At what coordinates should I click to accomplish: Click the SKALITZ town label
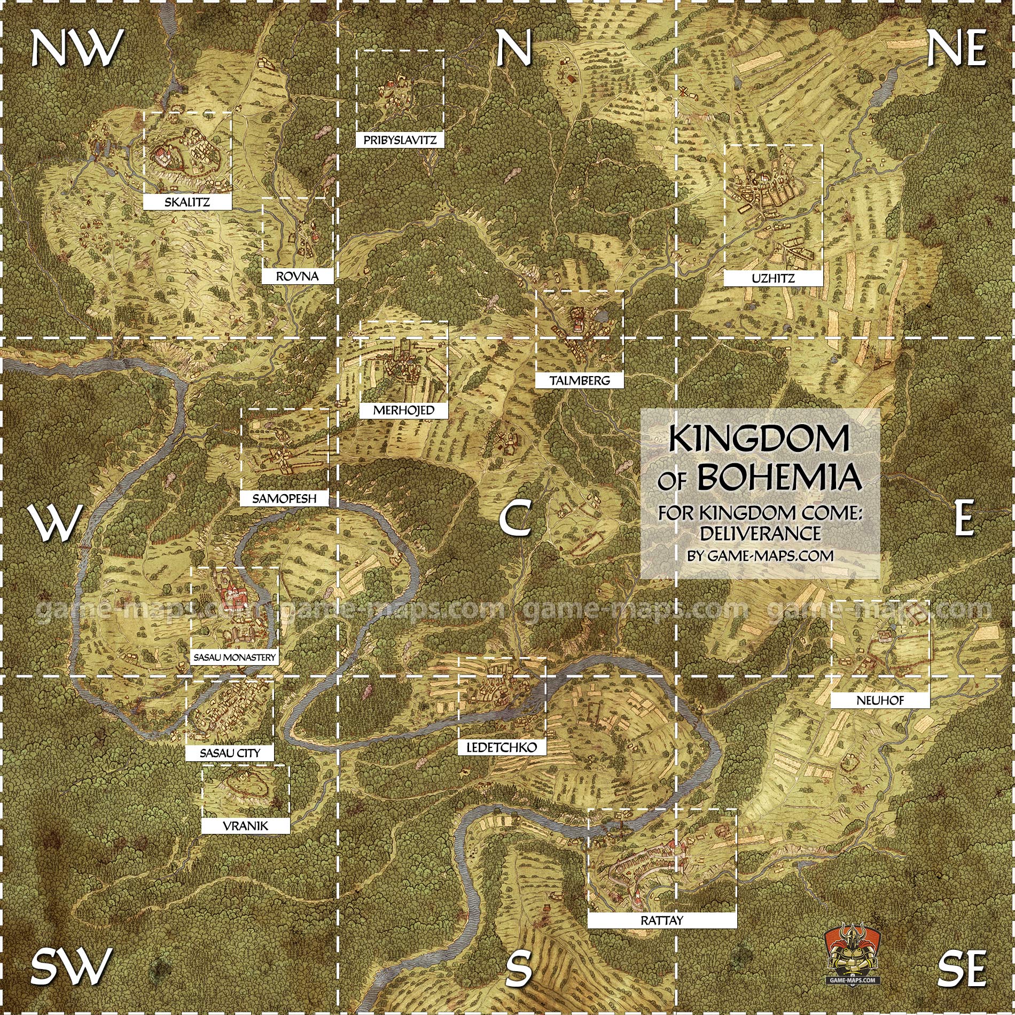[x=187, y=202]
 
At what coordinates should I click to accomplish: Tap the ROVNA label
[x=297, y=276]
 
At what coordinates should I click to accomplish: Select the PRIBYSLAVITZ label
[x=400, y=140]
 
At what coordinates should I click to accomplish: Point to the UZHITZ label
[x=772, y=278]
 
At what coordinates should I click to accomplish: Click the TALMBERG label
[x=580, y=380]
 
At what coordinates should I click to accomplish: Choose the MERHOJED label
[x=403, y=410]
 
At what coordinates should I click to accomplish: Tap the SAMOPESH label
[x=284, y=498]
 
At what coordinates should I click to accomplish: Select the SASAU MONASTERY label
[x=235, y=658]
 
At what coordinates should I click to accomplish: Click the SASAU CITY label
[x=230, y=753]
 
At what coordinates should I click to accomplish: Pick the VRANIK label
[x=246, y=826]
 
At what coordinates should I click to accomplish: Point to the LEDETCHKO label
[x=502, y=747]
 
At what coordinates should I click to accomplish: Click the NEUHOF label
[x=880, y=700]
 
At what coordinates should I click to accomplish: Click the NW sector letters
[x=76, y=48]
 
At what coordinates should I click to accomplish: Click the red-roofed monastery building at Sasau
[x=233, y=592]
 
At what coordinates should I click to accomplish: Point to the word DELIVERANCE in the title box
[x=760, y=533]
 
